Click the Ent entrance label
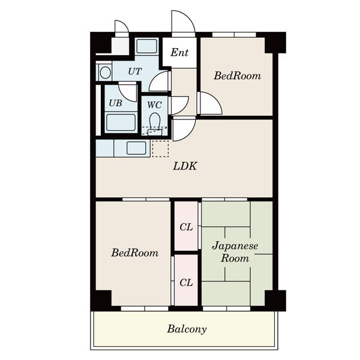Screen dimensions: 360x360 click(179, 52)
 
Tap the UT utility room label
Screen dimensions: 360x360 click(135, 71)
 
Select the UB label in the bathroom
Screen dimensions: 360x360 click(115, 103)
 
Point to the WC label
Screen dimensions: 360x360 click(154, 105)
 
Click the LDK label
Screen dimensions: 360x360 click(185, 166)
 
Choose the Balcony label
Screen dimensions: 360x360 click(187, 329)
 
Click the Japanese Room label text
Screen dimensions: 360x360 click(235, 252)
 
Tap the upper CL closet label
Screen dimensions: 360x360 click(186, 227)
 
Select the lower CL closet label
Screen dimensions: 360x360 click(186, 283)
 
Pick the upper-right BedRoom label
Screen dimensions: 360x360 click(238, 76)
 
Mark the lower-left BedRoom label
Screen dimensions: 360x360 click(135, 253)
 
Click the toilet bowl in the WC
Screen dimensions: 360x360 click(155, 121)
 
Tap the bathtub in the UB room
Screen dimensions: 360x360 click(121, 122)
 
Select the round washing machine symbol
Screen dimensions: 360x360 click(106, 73)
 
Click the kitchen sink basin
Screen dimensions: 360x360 click(136, 148)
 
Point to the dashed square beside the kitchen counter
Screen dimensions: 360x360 click(160, 149)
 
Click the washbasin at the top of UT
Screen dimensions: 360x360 click(147, 46)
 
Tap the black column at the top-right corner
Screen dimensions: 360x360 click(275, 43)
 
